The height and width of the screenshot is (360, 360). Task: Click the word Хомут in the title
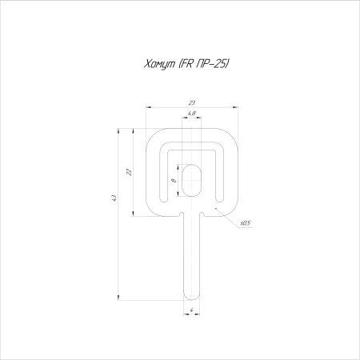coord(159,64)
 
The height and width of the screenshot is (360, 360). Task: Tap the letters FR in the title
coord(186,64)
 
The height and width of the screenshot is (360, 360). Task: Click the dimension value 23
coord(192,102)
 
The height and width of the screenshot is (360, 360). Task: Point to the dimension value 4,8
coord(191,114)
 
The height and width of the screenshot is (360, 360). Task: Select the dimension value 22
coord(129,172)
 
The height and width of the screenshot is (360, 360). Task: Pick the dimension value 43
coord(114,198)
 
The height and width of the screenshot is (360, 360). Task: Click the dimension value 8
coord(174,181)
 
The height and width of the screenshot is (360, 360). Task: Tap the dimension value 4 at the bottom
coord(191,310)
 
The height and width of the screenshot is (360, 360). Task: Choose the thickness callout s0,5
coord(246,223)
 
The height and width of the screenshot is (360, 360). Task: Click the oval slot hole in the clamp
coord(191,180)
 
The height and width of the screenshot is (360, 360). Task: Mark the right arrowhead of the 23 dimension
coord(235,107)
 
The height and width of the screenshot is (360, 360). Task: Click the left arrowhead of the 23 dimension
coord(148,107)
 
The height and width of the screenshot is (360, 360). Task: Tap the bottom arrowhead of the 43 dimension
coord(118,298)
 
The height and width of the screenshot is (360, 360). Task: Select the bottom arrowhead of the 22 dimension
coord(133,214)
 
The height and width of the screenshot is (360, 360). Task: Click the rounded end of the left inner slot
coord(163,199)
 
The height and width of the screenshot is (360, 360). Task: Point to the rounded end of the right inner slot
coord(220,199)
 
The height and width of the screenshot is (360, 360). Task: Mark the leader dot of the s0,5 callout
coord(216,208)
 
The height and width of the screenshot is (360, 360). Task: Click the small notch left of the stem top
coord(182,214)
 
